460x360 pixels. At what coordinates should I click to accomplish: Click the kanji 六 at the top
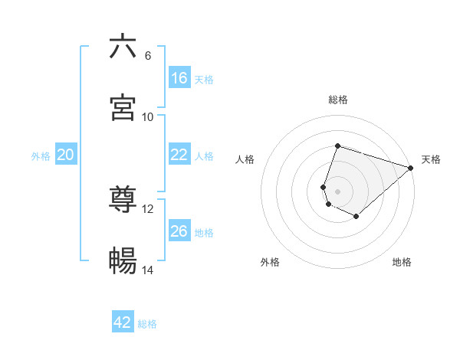coord(123,47)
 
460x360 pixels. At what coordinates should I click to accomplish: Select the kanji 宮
coord(123,108)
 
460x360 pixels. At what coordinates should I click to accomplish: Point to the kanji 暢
coord(123,262)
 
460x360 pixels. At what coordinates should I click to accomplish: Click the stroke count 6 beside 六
coord(147,56)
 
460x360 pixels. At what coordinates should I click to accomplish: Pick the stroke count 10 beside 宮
coord(148,117)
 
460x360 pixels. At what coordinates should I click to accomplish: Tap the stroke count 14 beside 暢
coord(148,270)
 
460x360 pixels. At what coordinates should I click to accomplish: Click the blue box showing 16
coord(179,78)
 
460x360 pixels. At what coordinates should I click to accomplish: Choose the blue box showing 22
coord(179,155)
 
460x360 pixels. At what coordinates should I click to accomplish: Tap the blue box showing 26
coord(179,231)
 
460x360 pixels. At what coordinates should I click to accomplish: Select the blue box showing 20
coord(66,155)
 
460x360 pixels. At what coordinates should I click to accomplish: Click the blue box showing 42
coord(123,322)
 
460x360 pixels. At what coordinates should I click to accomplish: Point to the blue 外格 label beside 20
coord(41,156)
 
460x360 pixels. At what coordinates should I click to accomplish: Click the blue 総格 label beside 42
coord(147,324)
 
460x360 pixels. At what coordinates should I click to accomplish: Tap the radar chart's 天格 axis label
coord(431,159)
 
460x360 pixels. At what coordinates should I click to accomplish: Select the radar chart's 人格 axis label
coord(245,159)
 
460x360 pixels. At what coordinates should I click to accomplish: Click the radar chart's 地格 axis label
coord(402,262)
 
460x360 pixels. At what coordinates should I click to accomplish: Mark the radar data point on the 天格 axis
coord(411,168)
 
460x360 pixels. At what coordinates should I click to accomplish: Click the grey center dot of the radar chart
coord(338,191)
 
